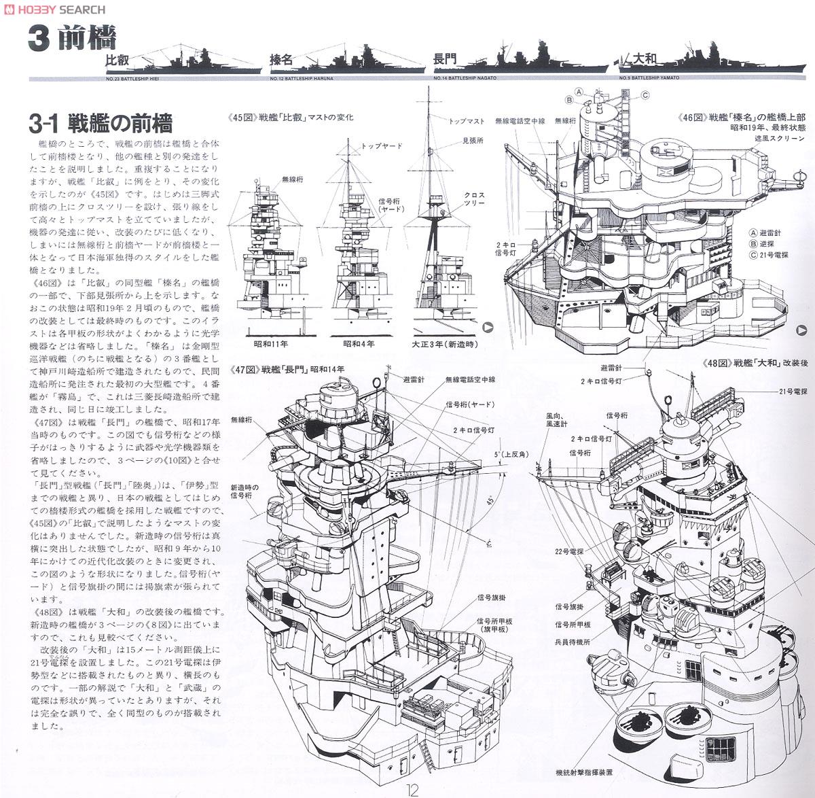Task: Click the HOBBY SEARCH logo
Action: click(54, 9)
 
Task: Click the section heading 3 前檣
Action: click(72, 39)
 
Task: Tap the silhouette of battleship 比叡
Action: click(183, 62)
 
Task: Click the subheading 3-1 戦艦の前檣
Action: click(101, 124)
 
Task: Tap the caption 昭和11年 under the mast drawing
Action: click(270, 344)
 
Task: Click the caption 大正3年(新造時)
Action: click(443, 344)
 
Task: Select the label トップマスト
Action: click(467, 121)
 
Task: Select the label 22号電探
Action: click(570, 552)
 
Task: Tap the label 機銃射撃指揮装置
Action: click(584, 773)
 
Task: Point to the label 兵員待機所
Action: click(573, 641)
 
